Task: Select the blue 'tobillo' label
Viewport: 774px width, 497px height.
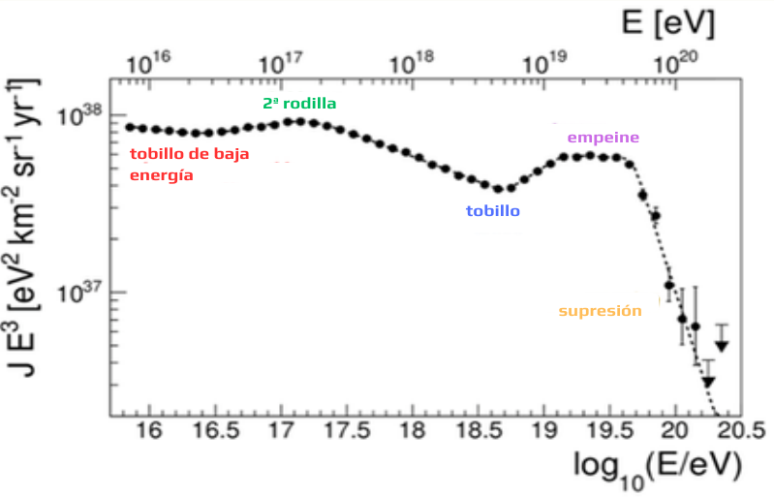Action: tap(493, 210)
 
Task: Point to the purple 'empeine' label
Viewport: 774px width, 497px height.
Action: tap(604, 138)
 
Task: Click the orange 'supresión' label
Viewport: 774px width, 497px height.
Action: tap(601, 311)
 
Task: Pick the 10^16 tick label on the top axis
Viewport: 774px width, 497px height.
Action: tap(149, 62)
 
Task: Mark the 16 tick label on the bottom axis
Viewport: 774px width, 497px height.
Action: tap(149, 430)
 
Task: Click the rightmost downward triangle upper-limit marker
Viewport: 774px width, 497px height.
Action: tap(722, 345)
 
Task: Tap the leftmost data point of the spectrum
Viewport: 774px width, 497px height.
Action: tap(130, 127)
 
